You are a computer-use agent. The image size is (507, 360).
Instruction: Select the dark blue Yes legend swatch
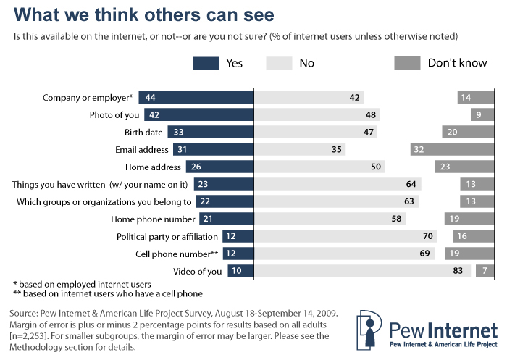point(206,64)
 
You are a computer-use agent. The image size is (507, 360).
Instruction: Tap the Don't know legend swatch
point(407,64)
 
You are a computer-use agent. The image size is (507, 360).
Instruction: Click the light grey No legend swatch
point(278,64)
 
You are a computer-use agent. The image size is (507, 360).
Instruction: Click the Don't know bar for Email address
point(458,149)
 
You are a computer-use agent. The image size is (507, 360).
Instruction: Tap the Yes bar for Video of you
point(240,271)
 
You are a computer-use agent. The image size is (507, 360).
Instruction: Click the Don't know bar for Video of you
point(482,271)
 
